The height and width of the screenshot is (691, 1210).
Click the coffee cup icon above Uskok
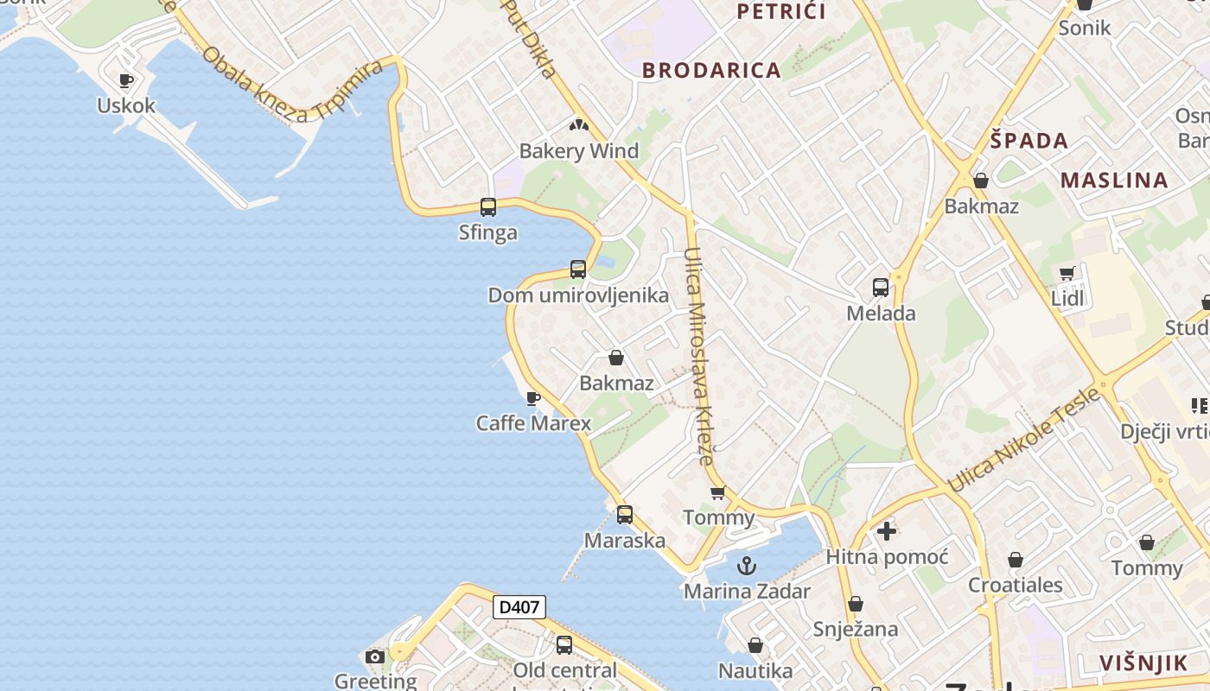(126, 80)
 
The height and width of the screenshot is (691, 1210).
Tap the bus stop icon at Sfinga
(488, 207)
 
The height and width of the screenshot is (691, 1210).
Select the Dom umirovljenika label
(578, 295)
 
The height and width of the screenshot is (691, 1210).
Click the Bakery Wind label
(578, 151)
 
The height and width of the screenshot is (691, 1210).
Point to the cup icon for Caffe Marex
(533, 398)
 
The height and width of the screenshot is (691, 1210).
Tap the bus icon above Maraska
(624, 515)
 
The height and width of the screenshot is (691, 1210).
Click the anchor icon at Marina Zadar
(747, 566)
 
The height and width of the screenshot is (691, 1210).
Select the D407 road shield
(519, 607)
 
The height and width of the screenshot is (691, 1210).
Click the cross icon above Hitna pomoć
(886, 531)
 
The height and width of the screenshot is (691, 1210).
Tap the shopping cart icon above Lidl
(1067, 274)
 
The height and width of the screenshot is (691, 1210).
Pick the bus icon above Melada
(881, 288)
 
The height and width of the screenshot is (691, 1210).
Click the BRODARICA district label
(711, 71)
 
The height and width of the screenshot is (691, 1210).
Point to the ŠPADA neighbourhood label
(1028, 141)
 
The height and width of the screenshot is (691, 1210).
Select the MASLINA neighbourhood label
(1114, 181)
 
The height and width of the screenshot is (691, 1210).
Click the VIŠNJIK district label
(1143, 663)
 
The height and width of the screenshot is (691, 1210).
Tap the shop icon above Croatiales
(1016, 560)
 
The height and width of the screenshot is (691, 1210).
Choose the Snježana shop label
(855, 629)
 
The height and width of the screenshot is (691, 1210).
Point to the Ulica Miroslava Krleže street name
(699, 356)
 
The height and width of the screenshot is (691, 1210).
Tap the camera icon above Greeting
(375, 657)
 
